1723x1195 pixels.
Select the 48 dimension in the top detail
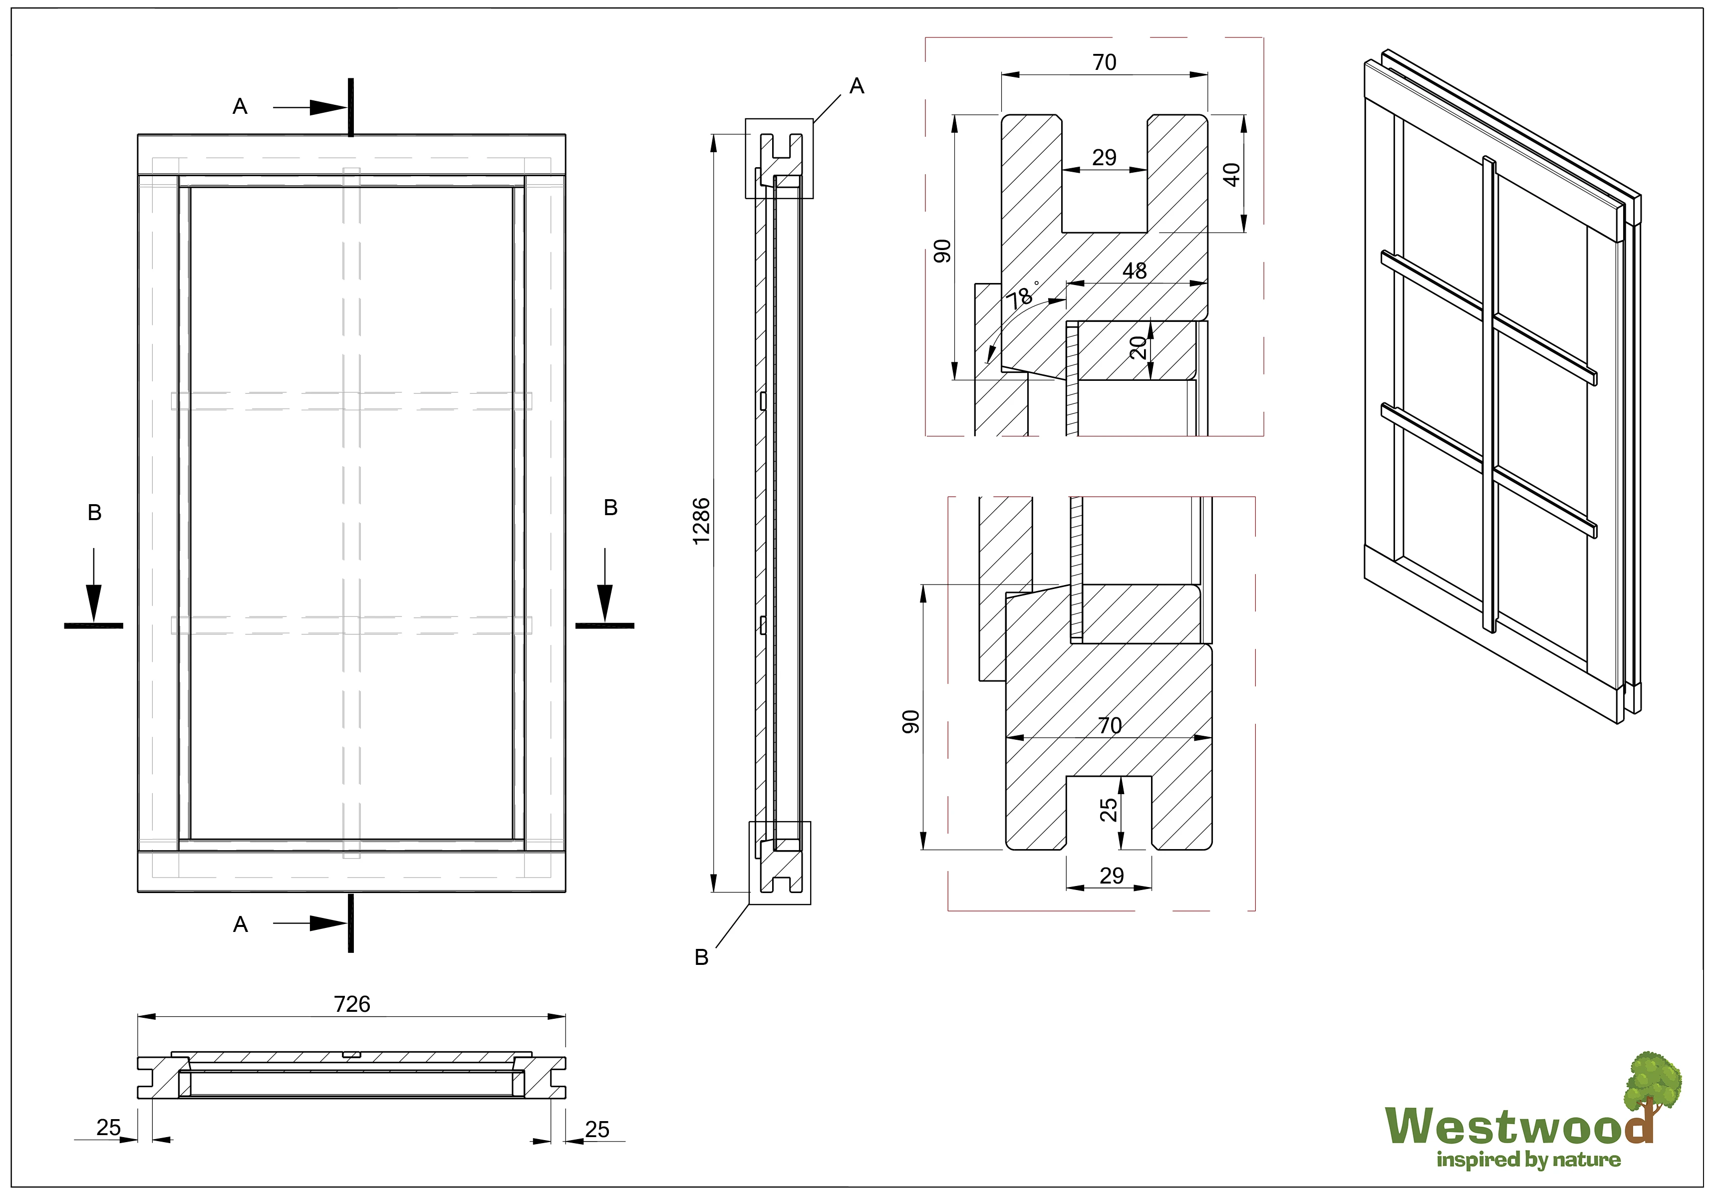pos(1134,271)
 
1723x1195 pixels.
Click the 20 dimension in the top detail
pos(1138,347)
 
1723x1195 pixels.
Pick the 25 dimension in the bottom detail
pos(1109,810)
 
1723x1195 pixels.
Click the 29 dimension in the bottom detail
pos(1112,876)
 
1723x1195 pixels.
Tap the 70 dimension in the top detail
pos(1104,62)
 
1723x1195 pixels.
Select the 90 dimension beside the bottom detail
pos(910,721)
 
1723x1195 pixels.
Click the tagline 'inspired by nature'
pos(1528,1160)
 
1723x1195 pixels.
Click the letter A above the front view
pos(240,106)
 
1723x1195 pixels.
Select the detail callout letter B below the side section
pos(701,957)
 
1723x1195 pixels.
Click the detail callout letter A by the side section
pos(857,86)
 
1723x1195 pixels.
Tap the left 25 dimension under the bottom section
pos(108,1127)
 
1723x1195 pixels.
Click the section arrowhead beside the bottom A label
pos(328,923)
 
